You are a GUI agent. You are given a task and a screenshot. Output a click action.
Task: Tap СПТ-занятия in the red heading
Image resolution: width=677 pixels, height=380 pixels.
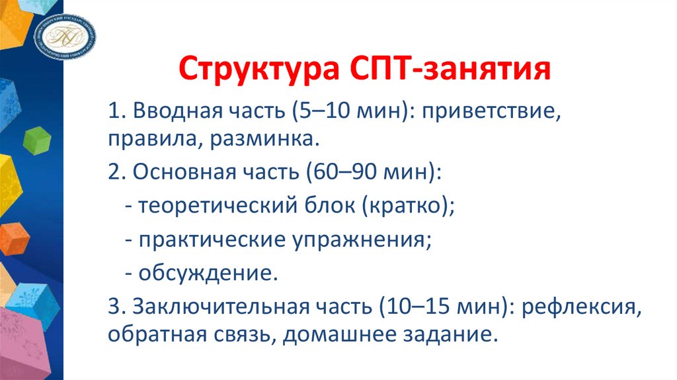point(446,70)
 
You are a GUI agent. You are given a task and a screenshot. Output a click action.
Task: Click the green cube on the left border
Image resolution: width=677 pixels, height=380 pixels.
point(37,139)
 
